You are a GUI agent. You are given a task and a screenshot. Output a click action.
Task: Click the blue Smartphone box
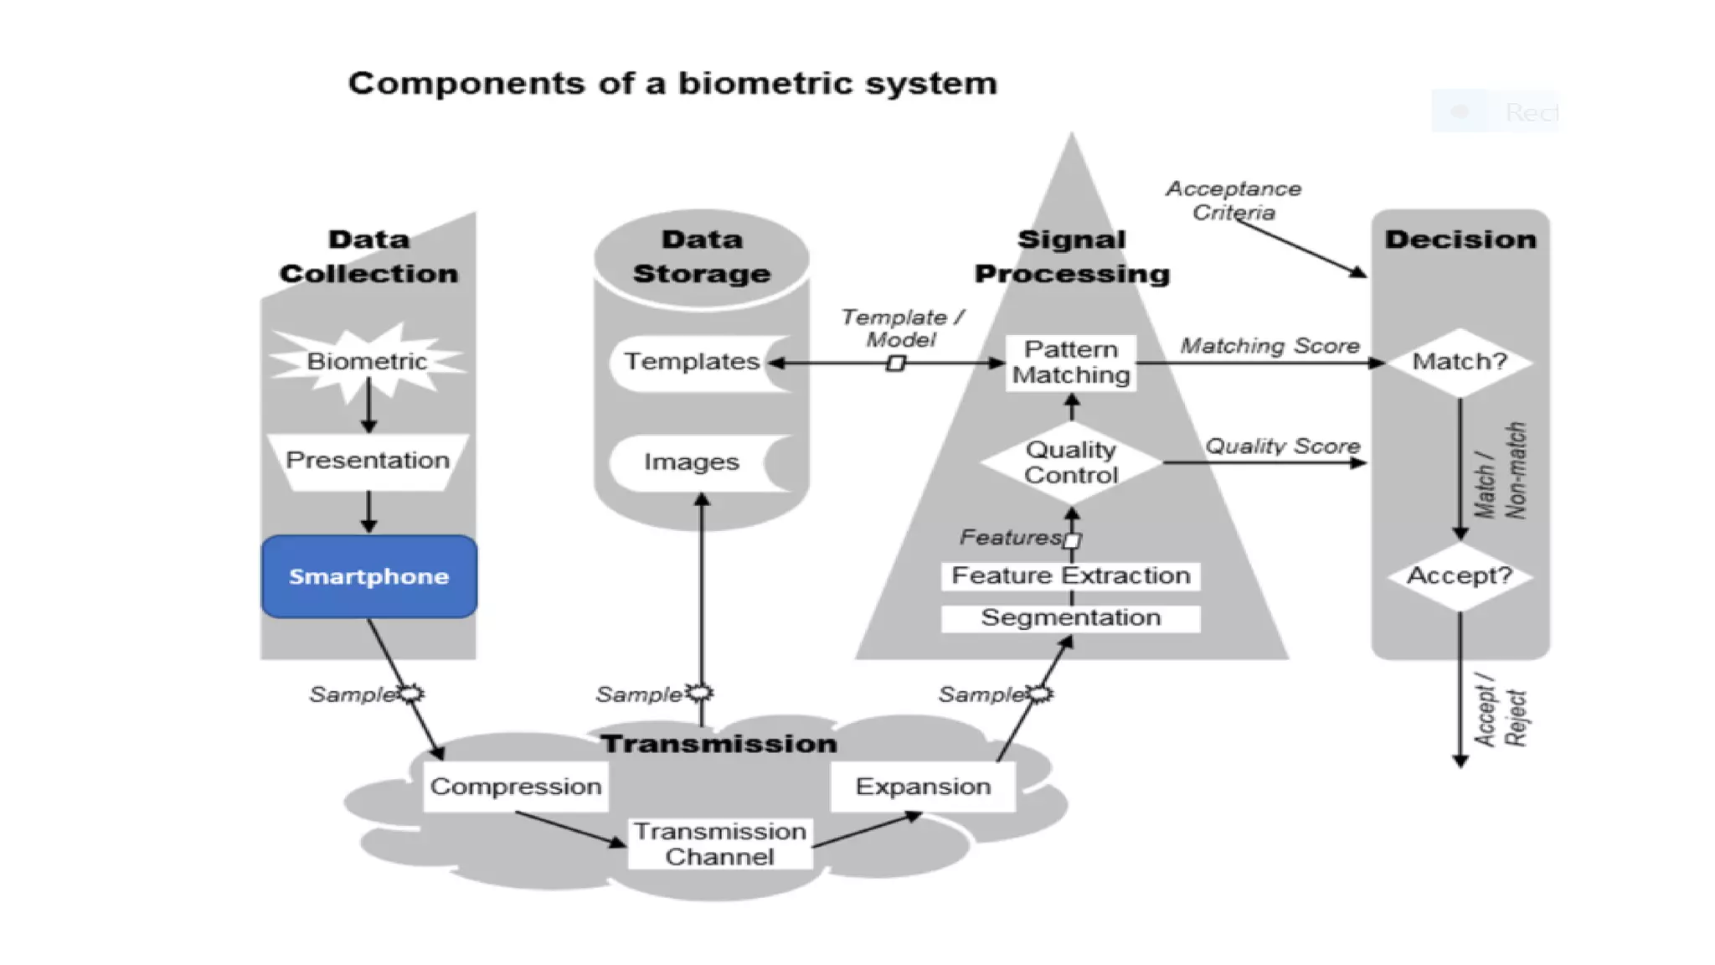click(368, 576)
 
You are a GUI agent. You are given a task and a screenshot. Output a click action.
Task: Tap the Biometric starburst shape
click(367, 362)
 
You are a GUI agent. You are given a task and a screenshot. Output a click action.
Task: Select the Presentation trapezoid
click(368, 461)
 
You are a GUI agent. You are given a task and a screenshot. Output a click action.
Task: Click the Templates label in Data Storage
click(692, 362)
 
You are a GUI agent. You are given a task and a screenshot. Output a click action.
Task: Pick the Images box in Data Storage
click(692, 462)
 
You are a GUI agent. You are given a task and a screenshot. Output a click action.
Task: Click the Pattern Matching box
click(1070, 362)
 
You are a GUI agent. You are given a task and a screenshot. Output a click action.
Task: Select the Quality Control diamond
click(1070, 462)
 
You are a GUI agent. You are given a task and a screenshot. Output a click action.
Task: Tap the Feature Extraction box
click(1070, 575)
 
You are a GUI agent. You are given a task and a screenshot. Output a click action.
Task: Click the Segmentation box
click(1070, 618)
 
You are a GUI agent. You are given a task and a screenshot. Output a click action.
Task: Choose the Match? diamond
click(1460, 362)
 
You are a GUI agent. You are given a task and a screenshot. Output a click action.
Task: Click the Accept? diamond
click(1460, 576)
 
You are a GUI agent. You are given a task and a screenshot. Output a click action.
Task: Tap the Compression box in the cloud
click(516, 787)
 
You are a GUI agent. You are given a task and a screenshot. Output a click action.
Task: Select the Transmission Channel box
click(719, 844)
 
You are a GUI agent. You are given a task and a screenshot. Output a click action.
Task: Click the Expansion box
click(923, 787)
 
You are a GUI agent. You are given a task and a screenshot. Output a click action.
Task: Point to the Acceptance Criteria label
click(1233, 200)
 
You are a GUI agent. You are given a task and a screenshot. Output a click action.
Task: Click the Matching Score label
click(1270, 346)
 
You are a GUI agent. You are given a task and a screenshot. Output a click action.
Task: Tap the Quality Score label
click(1282, 446)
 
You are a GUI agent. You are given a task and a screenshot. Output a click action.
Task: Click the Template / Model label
click(902, 328)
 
